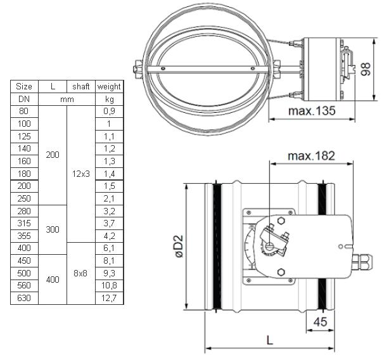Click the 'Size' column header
click(x=24, y=87)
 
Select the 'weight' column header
click(x=109, y=87)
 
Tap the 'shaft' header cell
click(x=81, y=87)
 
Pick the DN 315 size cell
click(x=24, y=223)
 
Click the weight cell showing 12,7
click(x=109, y=298)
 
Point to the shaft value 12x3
click(x=81, y=174)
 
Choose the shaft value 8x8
click(x=80, y=273)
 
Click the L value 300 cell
click(x=53, y=229)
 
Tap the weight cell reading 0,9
click(x=109, y=111)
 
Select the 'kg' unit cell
click(x=110, y=100)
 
